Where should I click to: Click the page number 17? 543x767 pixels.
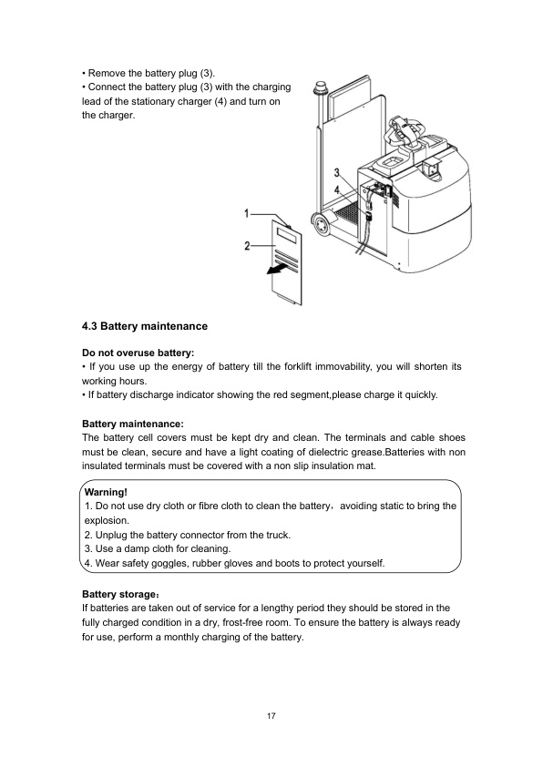point(271,716)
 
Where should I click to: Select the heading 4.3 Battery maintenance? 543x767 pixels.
point(145,326)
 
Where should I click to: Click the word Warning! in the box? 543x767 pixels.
point(106,493)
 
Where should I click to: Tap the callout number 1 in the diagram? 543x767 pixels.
point(247,214)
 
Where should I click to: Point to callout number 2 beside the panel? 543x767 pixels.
point(248,246)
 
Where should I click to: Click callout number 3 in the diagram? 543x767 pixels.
point(336,173)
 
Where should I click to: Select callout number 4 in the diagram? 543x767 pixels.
point(336,190)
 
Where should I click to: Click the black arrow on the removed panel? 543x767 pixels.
point(276,269)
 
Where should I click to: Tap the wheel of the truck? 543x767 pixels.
point(322,224)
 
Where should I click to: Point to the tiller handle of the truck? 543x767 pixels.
point(404,130)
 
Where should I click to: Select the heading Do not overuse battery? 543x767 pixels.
point(138,353)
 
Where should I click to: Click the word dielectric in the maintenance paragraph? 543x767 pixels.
point(328,452)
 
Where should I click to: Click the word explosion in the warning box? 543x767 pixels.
point(107,520)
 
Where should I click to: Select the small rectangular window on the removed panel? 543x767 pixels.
point(288,236)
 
